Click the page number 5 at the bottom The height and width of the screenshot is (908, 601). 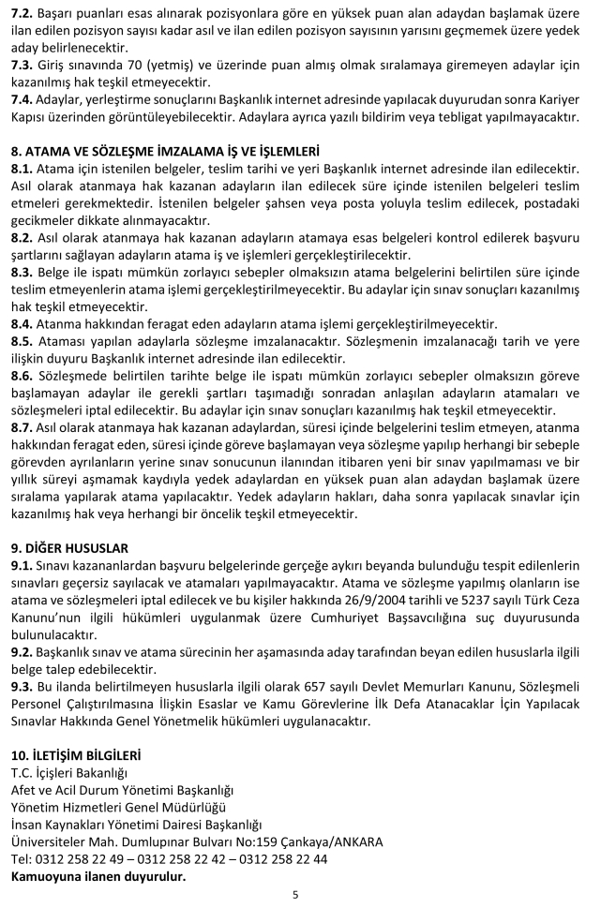point(295,894)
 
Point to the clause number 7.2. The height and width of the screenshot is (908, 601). point(21,14)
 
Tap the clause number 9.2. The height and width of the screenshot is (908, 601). point(21,644)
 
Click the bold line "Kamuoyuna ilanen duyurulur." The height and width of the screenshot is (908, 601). point(98,877)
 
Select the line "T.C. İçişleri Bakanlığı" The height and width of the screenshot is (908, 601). point(68,771)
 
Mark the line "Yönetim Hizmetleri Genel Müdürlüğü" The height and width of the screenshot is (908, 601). point(117,806)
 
